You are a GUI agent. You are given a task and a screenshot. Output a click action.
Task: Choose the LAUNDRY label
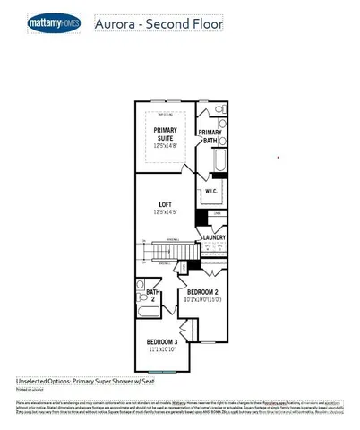click(x=214, y=237)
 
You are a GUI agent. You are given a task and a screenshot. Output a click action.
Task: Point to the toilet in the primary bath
click(x=220, y=114)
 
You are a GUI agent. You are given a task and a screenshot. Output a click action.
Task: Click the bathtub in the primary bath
click(x=219, y=165)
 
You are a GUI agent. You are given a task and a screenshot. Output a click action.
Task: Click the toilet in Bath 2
click(x=142, y=285)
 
